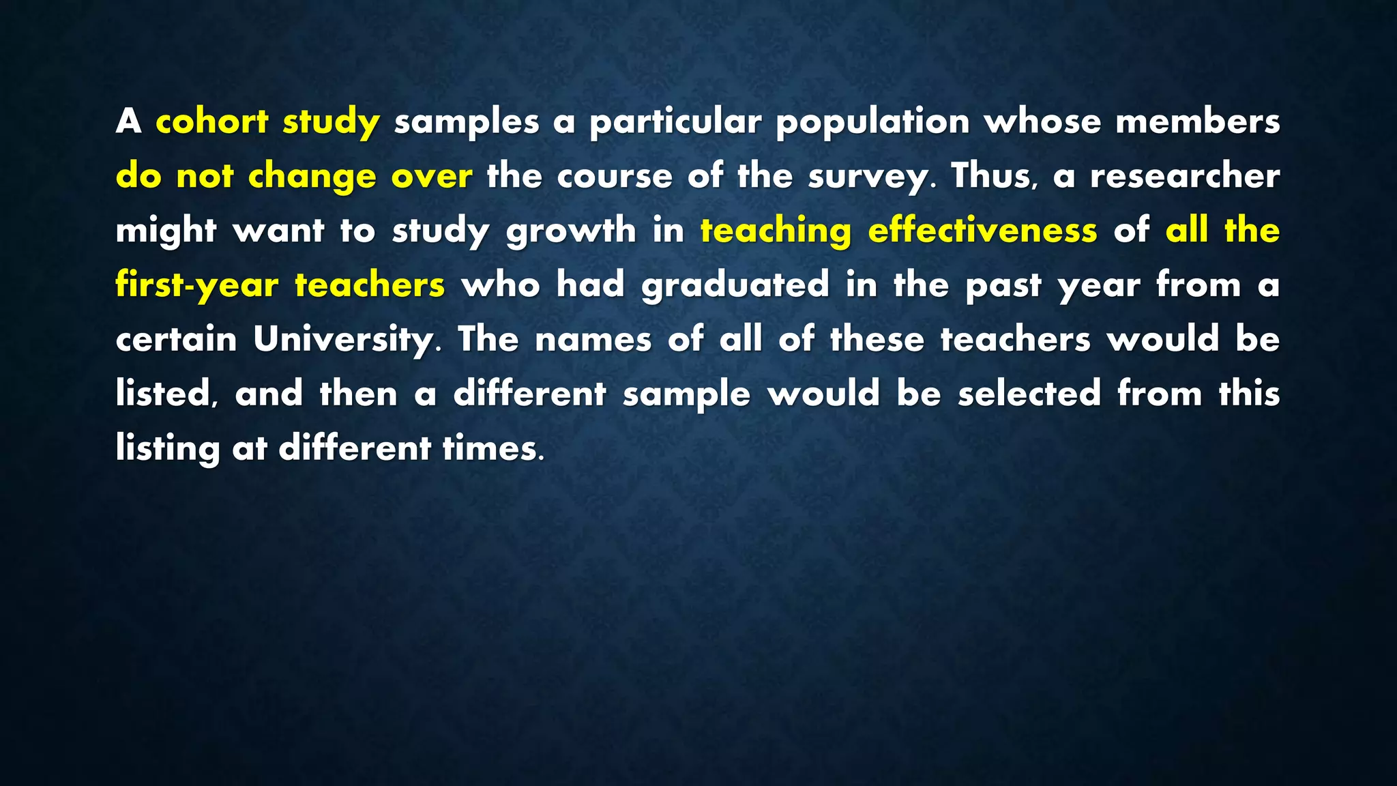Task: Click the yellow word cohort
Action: pos(212,121)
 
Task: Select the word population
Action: pos(872,121)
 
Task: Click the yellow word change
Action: pos(312,176)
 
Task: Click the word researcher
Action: pos(1184,176)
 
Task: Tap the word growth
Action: pos(571,231)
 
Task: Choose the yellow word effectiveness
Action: pos(982,231)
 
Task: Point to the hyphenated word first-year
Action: pos(197,285)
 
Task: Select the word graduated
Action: pos(735,285)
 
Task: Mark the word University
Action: pos(343,339)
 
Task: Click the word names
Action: pos(593,339)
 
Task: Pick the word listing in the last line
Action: pos(167,448)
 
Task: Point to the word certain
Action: pos(176,339)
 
